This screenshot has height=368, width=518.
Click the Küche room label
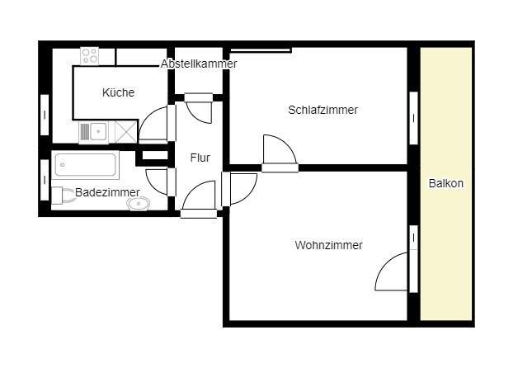pyautogui.click(x=118, y=92)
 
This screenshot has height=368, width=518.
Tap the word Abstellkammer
pyautogui.click(x=199, y=64)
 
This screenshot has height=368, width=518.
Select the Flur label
pyautogui.click(x=200, y=158)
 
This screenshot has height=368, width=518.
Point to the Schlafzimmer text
pyautogui.click(x=323, y=110)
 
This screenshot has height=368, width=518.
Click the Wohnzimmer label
pyautogui.click(x=328, y=245)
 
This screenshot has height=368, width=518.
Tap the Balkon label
pyautogui.click(x=446, y=184)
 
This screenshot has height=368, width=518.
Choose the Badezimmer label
pyautogui.click(x=107, y=192)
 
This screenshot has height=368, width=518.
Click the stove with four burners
pyautogui.click(x=89, y=56)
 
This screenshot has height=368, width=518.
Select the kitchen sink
pyautogui.click(x=97, y=130)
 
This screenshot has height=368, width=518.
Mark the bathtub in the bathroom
pyautogui.click(x=86, y=166)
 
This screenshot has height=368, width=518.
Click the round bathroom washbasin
pyautogui.click(x=137, y=203)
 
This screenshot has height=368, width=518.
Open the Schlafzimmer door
pyautogui.click(x=279, y=153)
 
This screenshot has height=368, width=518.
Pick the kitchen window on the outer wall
pyautogui.click(x=45, y=115)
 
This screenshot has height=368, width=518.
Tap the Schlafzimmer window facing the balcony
pyautogui.click(x=413, y=117)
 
